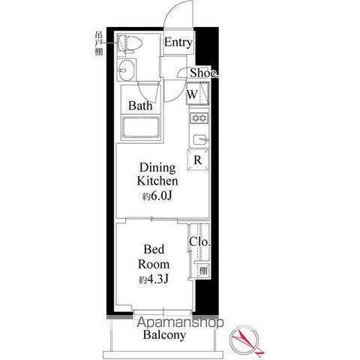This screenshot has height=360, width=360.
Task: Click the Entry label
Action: tap(178, 42)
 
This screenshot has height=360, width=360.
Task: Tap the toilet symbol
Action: tap(130, 44)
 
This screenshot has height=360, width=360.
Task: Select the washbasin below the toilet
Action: tap(127, 70)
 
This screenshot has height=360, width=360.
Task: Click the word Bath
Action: tap(140, 106)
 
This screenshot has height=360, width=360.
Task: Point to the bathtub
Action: tap(140, 127)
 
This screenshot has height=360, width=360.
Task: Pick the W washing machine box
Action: tap(198, 94)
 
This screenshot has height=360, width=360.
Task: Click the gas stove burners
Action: tap(199, 118)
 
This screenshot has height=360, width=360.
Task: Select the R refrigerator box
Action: tap(198, 160)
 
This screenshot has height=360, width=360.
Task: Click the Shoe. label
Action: tap(204, 73)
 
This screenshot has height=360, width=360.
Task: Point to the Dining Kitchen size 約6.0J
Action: tap(157, 196)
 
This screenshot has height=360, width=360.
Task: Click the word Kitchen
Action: tap(157, 181)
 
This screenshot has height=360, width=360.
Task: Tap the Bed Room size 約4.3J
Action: tap(154, 279)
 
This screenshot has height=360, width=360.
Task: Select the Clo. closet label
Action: tap(199, 241)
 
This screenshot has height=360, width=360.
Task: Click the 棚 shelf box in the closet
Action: tap(203, 270)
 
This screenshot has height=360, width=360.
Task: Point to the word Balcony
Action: tap(164, 335)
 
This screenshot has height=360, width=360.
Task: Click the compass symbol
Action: tap(244, 340)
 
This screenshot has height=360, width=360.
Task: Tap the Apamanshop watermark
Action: tap(180, 322)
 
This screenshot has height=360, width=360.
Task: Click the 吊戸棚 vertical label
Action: tap(99, 43)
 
